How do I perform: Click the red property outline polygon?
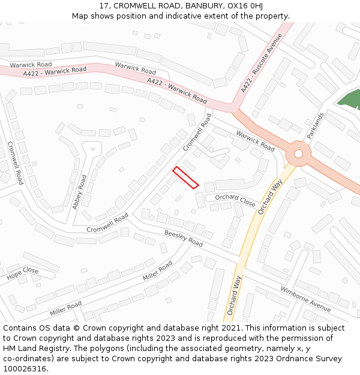[x=185, y=178]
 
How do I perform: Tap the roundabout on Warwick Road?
[x=298, y=154]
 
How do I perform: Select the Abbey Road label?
[x=80, y=191]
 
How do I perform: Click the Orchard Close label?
[x=235, y=199]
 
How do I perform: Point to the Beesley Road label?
[x=184, y=238]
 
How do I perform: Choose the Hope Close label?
[x=23, y=274]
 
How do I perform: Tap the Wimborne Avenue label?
[x=305, y=298]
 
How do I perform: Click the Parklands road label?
[x=316, y=125]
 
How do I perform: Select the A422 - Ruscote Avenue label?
[x=261, y=63]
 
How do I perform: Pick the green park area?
[x=349, y=98]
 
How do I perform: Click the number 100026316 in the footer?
[x=25, y=368]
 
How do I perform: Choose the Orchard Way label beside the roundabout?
[x=269, y=197]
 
